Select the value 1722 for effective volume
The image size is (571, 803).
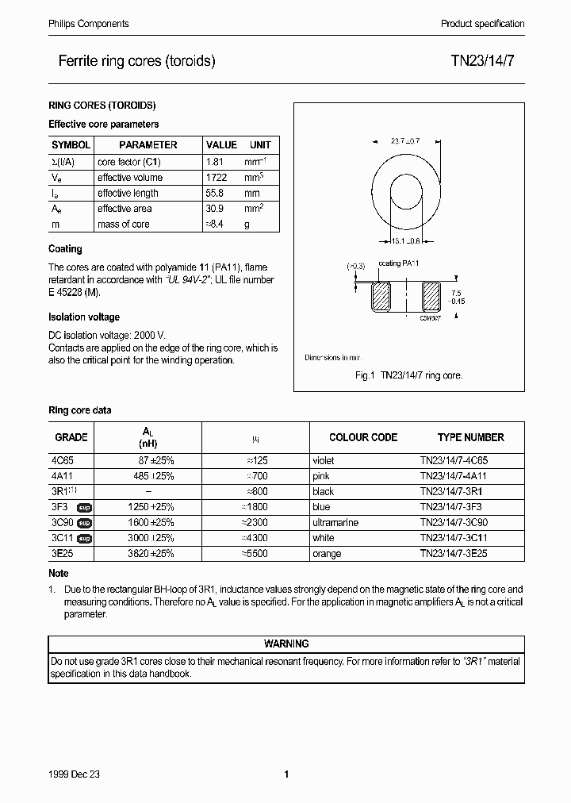click(x=217, y=178)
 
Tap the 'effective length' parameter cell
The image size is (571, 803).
click(x=128, y=194)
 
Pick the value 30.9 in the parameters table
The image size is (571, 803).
click(x=215, y=209)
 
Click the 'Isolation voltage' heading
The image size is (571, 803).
click(x=84, y=317)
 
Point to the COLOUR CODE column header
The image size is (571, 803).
click(x=363, y=437)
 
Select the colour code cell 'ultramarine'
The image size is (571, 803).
click(x=335, y=523)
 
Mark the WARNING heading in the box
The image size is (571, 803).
click(x=285, y=644)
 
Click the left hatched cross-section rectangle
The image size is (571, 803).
click(x=381, y=298)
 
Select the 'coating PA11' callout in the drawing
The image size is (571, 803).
click(x=399, y=263)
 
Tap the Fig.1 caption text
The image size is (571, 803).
click(x=408, y=375)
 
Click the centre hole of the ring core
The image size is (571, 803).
click(x=407, y=193)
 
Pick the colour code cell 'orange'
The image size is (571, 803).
click(x=327, y=554)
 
